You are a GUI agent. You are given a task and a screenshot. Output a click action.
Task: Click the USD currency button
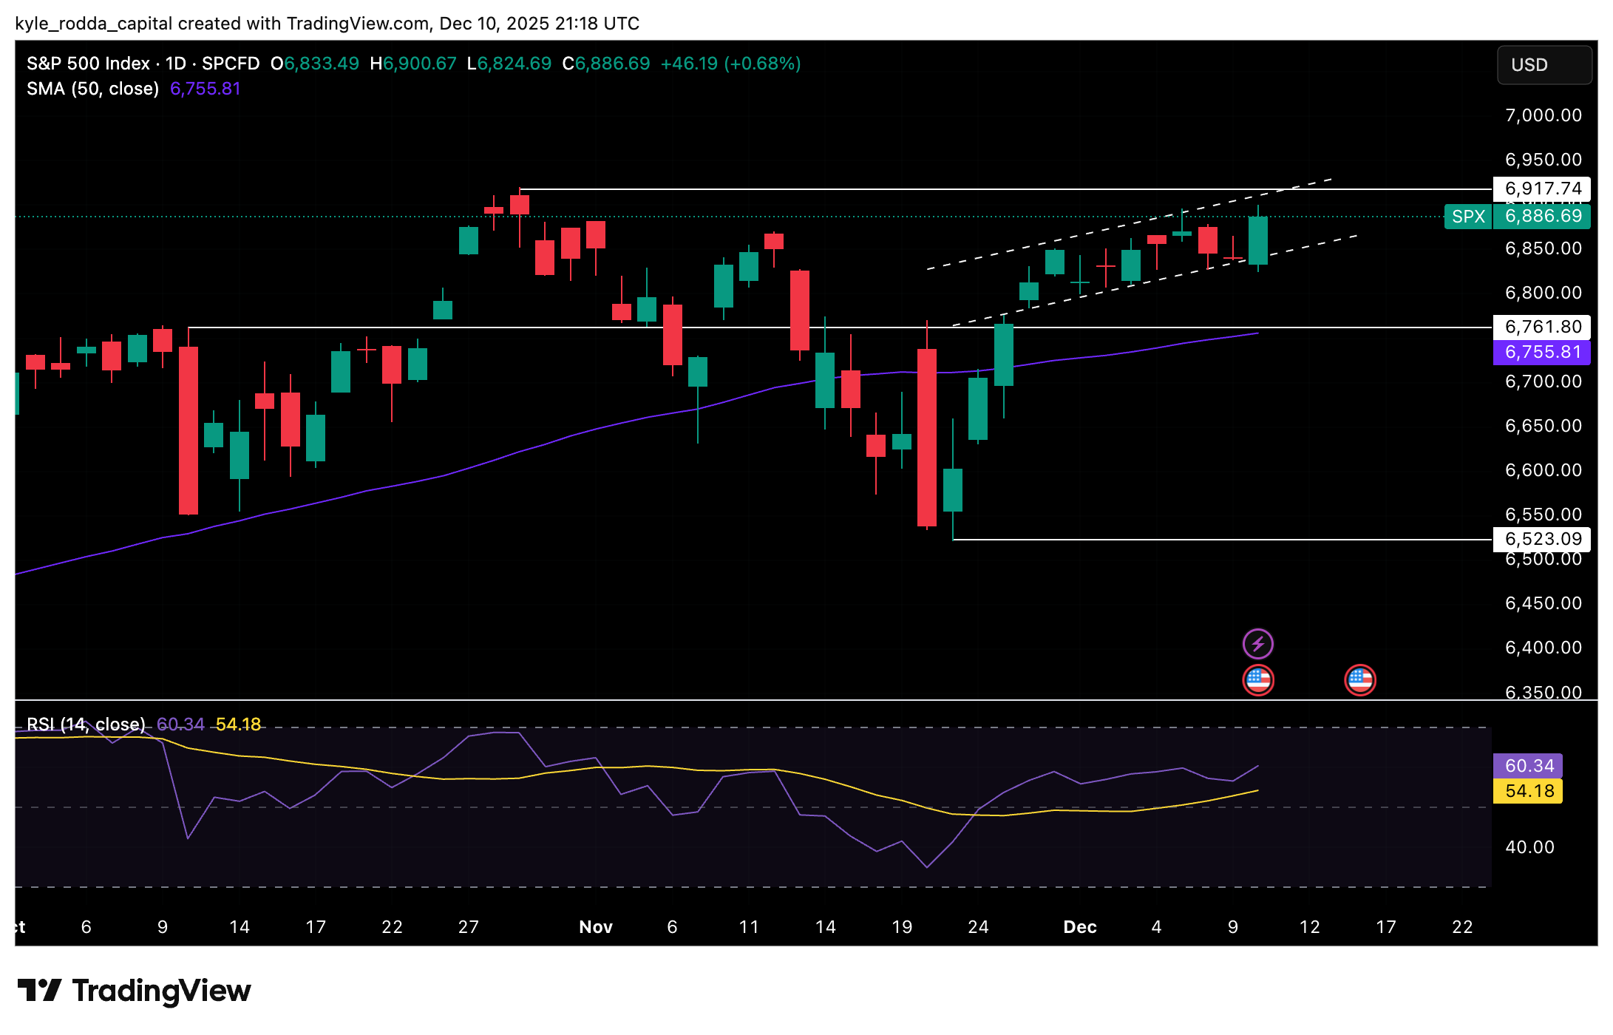1544,65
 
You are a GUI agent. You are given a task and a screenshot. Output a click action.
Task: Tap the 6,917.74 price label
1542,189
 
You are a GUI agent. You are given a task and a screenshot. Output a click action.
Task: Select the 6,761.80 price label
1542,327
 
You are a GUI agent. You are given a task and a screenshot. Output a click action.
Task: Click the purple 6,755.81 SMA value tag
1542,352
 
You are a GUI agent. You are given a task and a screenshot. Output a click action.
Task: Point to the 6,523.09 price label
1542,539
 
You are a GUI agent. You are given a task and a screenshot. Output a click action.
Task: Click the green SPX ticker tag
1468,217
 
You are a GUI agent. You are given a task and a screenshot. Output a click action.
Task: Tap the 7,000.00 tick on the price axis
1543,115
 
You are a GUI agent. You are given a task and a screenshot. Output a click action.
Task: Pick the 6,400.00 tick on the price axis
1543,648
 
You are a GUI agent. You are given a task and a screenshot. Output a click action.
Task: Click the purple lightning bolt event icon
1257,644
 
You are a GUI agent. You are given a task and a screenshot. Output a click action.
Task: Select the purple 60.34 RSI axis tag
1528,766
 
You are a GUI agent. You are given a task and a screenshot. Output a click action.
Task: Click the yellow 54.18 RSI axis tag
1528,791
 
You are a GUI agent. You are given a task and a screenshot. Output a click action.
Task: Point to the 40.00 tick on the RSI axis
1529,847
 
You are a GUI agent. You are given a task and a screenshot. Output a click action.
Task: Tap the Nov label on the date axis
596,927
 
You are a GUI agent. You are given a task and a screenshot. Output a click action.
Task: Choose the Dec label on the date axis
1079,927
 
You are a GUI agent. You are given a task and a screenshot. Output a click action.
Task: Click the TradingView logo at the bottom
134,991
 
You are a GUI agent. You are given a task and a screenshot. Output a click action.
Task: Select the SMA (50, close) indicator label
93,89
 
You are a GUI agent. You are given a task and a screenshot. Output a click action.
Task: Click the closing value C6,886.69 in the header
606,64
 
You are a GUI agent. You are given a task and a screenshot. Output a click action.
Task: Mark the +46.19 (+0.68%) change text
730,64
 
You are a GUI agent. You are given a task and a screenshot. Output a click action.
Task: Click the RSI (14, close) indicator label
86,724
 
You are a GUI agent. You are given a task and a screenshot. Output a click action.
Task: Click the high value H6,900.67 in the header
413,64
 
